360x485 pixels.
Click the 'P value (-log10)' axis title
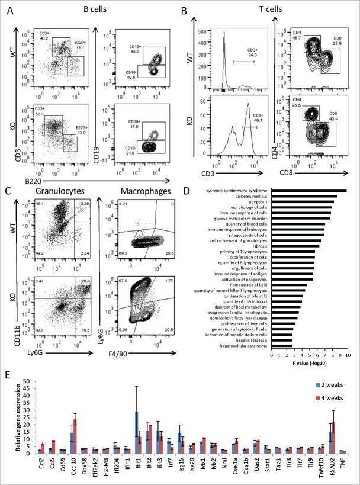point(310,363)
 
